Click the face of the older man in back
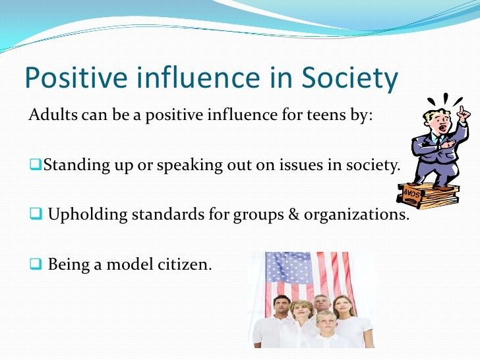coord(321,304)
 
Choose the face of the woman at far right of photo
coord(342,307)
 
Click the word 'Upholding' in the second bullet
coord(80,215)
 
